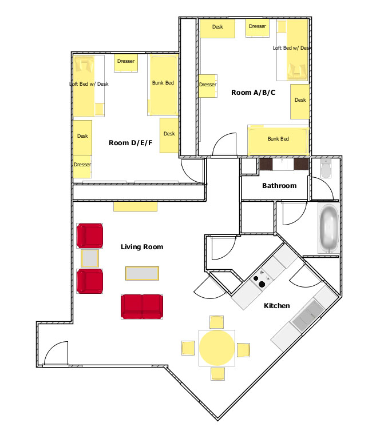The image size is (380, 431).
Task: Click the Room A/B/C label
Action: pyautogui.click(x=253, y=93)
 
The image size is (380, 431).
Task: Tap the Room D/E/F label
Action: pyautogui.click(x=130, y=143)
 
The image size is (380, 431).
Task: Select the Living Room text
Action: pyautogui.click(x=142, y=247)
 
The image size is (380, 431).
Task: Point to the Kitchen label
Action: pyautogui.click(x=277, y=306)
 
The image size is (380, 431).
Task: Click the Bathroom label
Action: pyautogui.click(x=279, y=186)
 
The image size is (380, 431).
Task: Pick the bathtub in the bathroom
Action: pyautogui.click(x=329, y=228)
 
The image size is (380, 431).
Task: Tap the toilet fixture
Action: pyautogui.click(x=326, y=167)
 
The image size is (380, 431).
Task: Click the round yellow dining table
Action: pyautogui.click(x=217, y=348)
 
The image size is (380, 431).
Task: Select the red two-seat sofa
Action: pyautogui.click(x=142, y=307)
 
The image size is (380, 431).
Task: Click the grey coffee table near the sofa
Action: pyautogui.click(x=142, y=273)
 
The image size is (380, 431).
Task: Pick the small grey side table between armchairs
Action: pyautogui.click(x=90, y=258)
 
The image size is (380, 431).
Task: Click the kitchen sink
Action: pyautogui.click(x=308, y=316)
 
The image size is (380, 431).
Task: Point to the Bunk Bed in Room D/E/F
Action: pyautogui.click(x=163, y=85)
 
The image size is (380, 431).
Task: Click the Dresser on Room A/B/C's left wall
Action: pyautogui.click(x=208, y=86)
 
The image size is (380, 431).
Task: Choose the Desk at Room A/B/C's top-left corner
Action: pyautogui.click(x=217, y=28)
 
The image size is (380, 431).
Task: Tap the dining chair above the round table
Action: pyautogui.click(x=216, y=322)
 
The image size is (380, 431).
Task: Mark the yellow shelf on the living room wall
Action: pyautogui.click(x=136, y=206)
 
